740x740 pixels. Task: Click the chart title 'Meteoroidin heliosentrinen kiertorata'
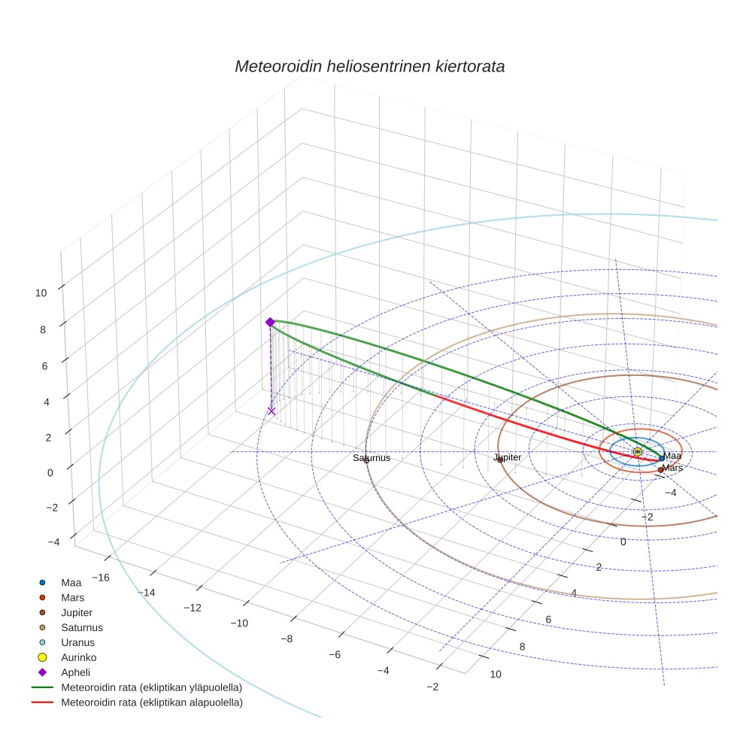coord(369,66)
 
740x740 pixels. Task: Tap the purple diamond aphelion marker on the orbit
coord(270,322)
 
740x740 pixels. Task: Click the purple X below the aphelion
coord(271,411)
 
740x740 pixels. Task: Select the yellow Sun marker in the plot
coord(637,451)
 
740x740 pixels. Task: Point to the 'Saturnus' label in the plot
coord(372,457)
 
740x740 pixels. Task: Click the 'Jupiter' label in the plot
coord(507,457)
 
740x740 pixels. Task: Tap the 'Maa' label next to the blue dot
coord(672,456)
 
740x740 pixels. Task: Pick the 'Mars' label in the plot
coord(672,468)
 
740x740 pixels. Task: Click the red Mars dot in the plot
coord(660,470)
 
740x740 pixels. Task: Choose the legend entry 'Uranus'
coord(77,643)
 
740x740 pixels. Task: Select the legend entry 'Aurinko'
coord(79,658)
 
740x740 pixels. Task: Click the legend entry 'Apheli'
coord(75,673)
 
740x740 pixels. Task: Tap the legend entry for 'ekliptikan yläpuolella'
coord(151,688)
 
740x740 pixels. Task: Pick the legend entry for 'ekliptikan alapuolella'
coord(151,703)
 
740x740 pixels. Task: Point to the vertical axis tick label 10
coord(41,293)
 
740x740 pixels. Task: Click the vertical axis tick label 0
coord(50,472)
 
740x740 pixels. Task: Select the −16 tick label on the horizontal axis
coord(100,578)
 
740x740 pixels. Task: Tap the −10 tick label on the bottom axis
coord(239,623)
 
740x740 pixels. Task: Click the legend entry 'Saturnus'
coord(82,628)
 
